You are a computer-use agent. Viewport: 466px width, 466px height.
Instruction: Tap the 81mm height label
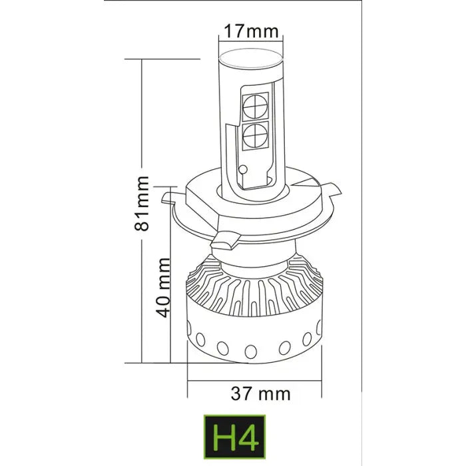click(141, 203)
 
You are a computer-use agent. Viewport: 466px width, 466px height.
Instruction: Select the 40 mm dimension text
click(168, 288)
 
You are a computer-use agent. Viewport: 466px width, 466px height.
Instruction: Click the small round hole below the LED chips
click(244, 168)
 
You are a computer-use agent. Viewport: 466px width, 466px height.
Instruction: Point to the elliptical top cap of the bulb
click(250, 56)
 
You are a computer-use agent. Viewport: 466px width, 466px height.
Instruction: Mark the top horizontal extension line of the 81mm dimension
click(163, 59)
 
